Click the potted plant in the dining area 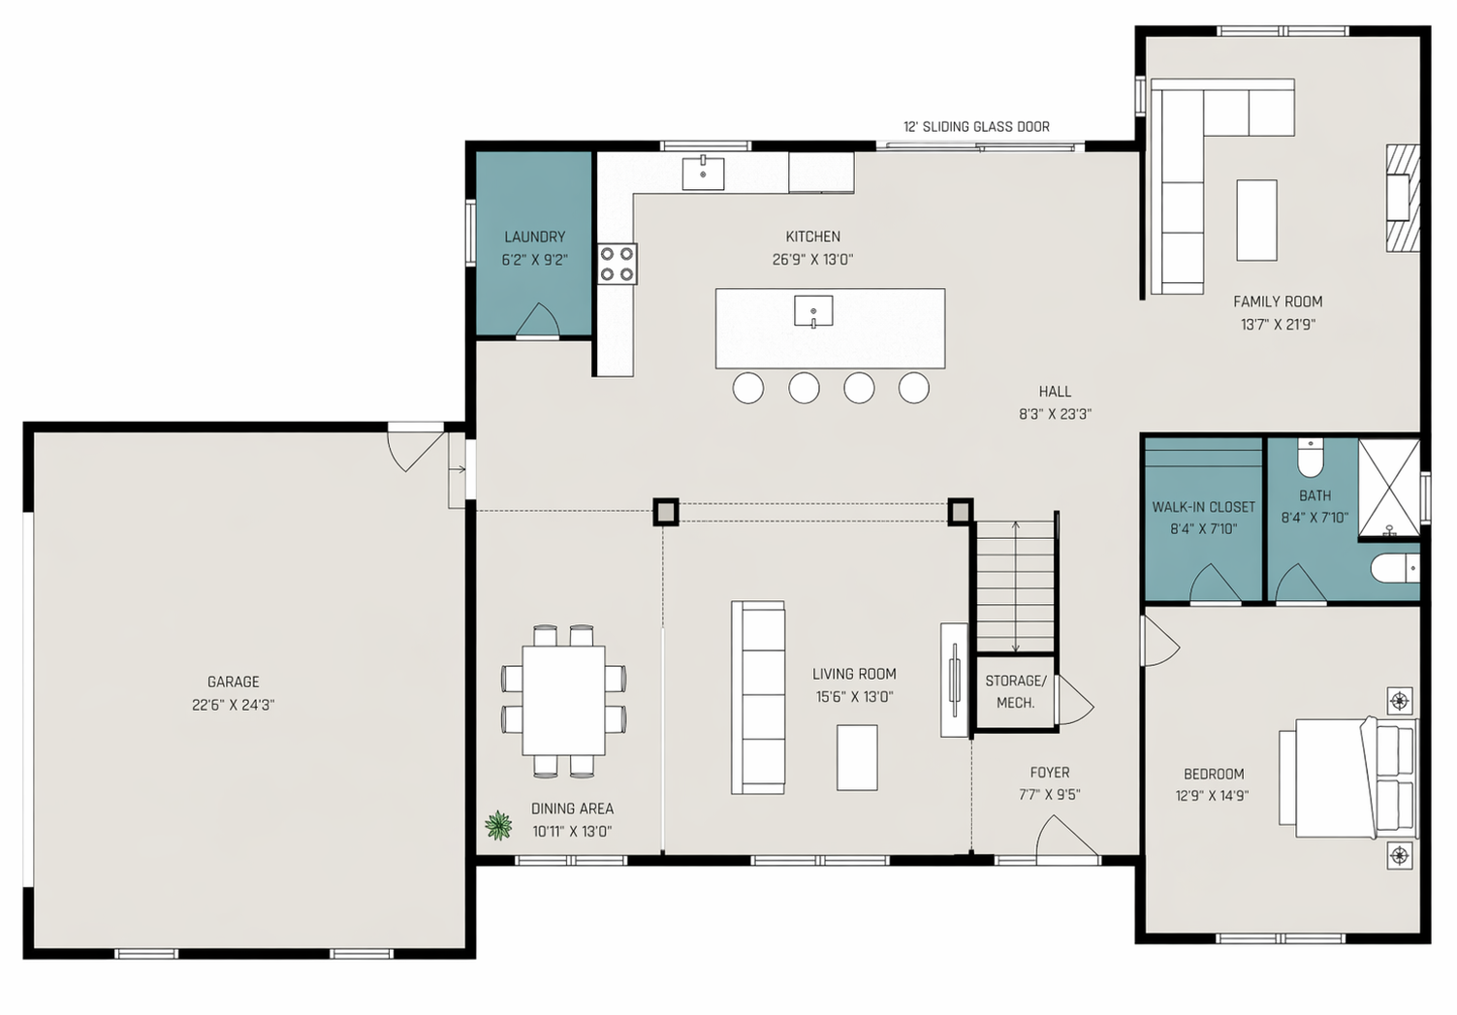[x=498, y=825]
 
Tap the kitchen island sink [x=813, y=311]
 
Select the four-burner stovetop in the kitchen [x=618, y=264]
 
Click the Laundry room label [x=535, y=237]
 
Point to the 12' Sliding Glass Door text [x=976, y=127]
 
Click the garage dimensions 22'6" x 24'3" [x=233, y=705]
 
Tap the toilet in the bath [x=1310, y=458]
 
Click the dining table [x=563, y=700]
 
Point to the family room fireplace [x=1403, y=198]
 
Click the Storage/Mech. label [x=1015, y=691]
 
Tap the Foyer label [x=1050, y=773]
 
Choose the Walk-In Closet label [x=1203, y=507]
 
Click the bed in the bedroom [x=1349, y=778]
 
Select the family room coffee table [x=1256, y=221]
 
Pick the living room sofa [x=758, y=697]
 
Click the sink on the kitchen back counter [x=703, y=174]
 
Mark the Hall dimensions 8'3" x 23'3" [x=1055, y=414]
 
